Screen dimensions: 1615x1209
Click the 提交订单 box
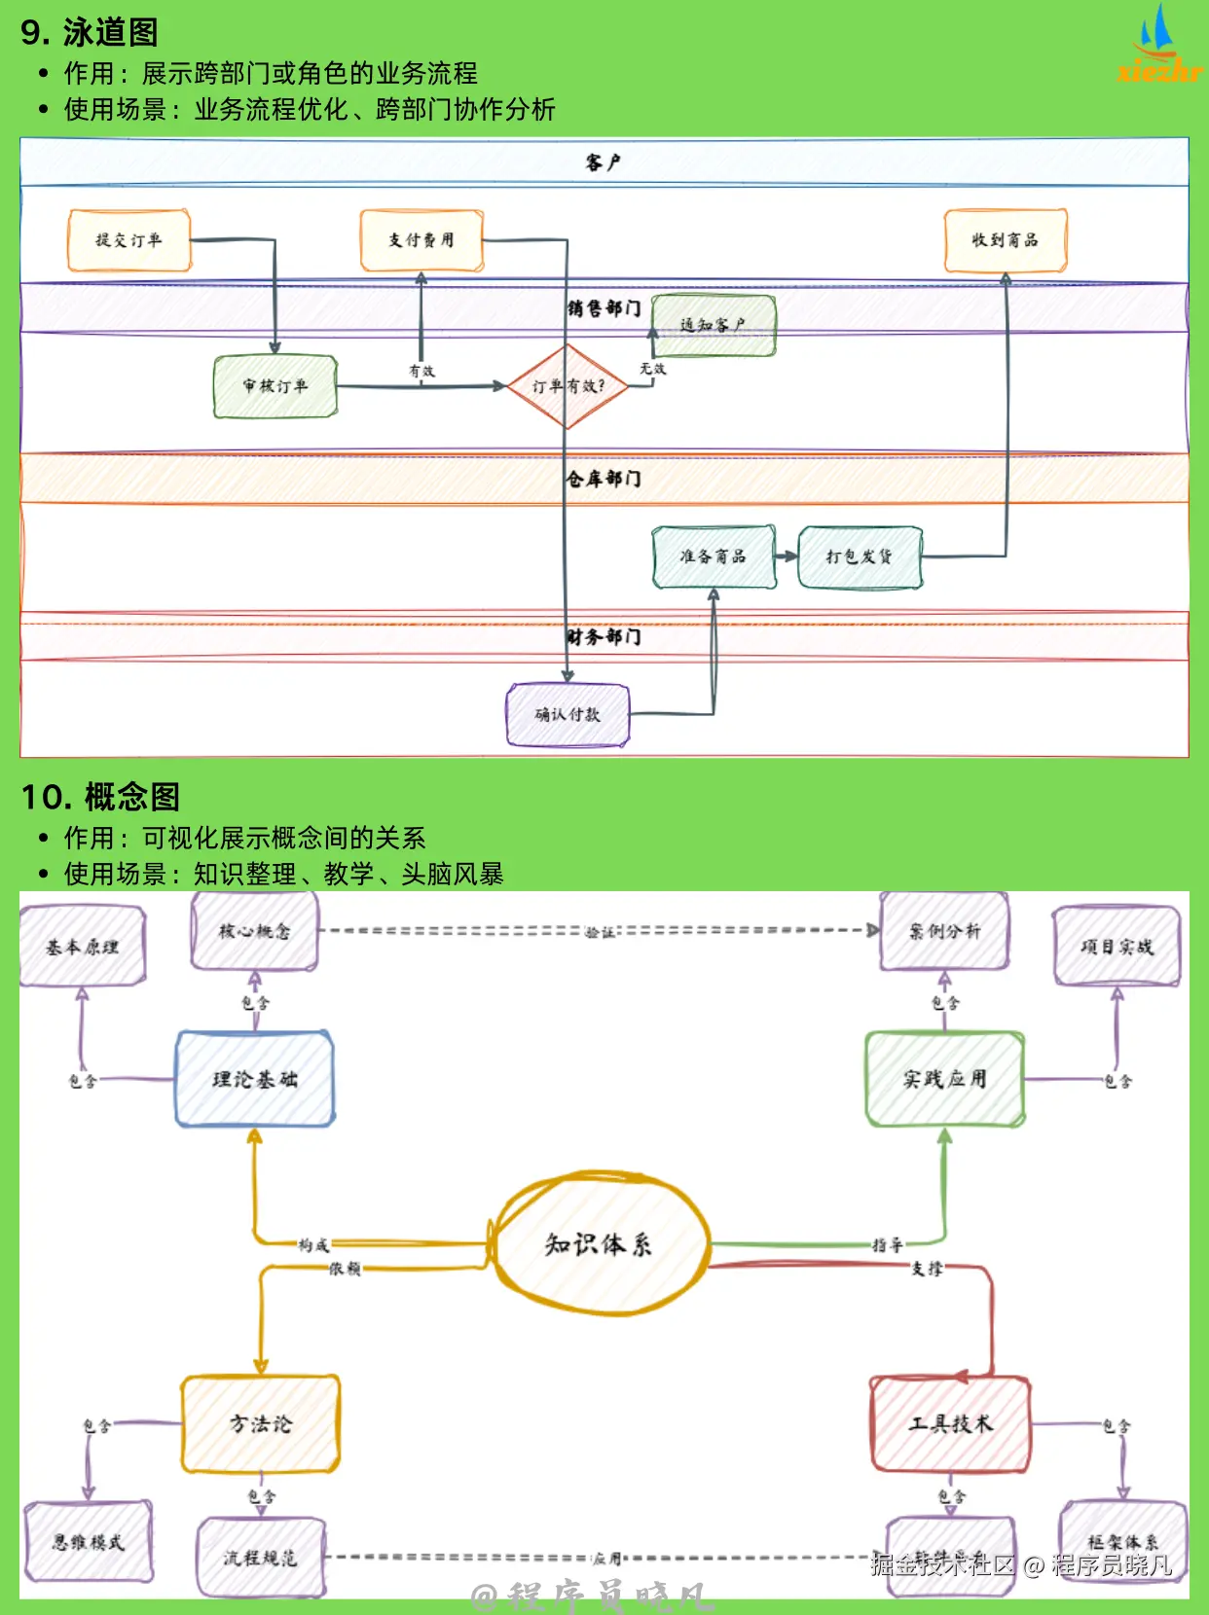pos(128,240)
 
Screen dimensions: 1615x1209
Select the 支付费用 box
pos(421,240)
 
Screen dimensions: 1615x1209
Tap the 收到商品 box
pos(1005,240)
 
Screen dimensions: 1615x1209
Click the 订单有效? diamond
pos(568,386)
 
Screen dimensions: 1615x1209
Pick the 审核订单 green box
pos(275,386)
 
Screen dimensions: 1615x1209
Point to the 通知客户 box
pos(714,325)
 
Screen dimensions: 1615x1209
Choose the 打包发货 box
pos(860,556)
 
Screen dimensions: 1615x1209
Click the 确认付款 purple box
pos(568,714)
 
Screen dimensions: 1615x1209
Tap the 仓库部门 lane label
pos(604,479)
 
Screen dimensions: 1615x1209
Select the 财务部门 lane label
pos(604,637)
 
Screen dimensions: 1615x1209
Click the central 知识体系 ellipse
pos(598,1244)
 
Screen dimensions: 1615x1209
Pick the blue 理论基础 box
pos(255,1079)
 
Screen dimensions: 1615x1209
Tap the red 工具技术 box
pos(950,1424)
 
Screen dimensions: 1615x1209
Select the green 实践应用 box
pos(944,1079)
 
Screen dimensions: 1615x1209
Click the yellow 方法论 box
pos(260,1424)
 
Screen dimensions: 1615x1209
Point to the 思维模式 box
pos(89,1542)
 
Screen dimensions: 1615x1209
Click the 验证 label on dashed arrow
pos(600,932)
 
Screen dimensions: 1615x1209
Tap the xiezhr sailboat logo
pos(1158,44)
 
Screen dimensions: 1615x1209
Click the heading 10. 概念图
pos(100,797)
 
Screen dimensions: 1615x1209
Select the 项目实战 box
pos(1117,947)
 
